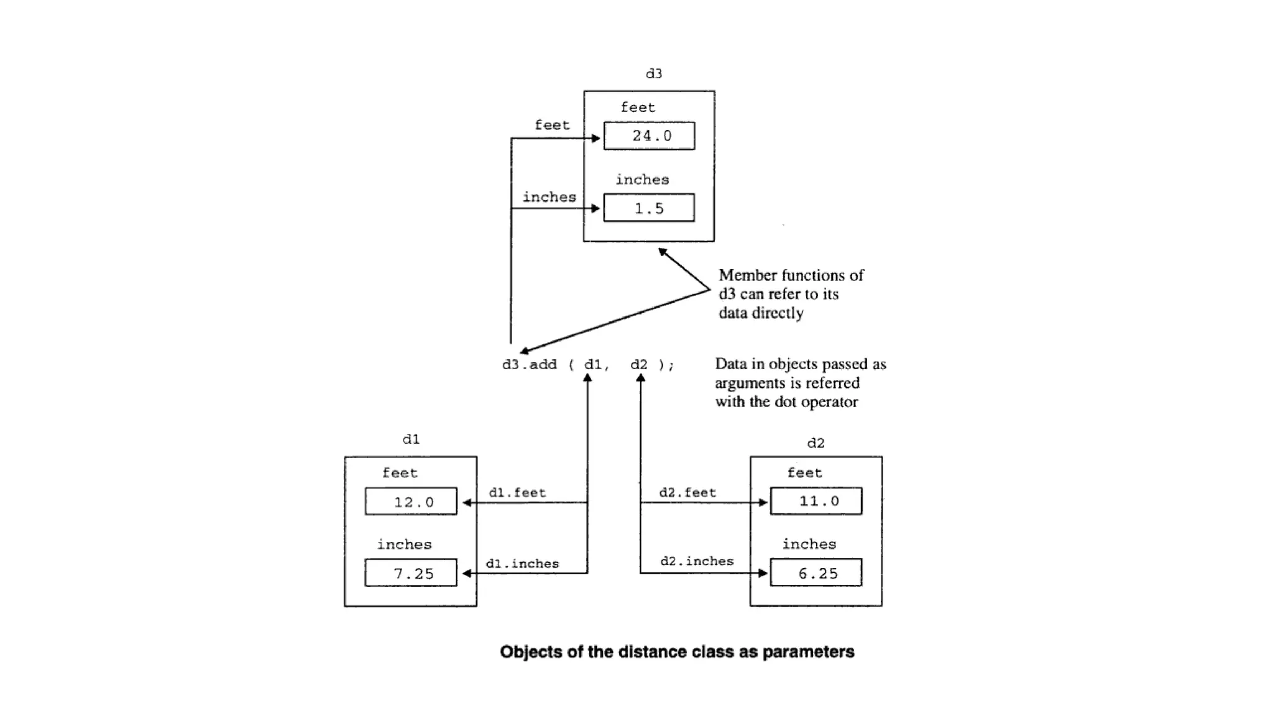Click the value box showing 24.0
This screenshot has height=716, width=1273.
[x=649, y=135]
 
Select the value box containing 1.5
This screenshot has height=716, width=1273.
[x=649, y=208]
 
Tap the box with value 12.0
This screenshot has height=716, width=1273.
[x=411, y=501]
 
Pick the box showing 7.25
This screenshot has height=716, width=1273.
[x=411, y=572]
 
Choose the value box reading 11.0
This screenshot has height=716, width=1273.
[x=816, y=501]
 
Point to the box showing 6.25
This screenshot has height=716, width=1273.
[x=816, y=572]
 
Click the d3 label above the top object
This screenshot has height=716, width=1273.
[x=654, y=74]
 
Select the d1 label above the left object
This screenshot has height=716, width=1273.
[x=411, y=439]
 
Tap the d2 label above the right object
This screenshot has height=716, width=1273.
[x=816, y=443]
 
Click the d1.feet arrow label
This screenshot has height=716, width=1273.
[x=517, y=493]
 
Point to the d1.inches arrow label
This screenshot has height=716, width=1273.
[x=522, y=564]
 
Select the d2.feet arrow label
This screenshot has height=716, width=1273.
[x=687, y=493]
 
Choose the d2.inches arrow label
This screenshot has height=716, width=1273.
[x=697, y=561]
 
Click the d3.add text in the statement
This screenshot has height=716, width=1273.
[x=530, y=365]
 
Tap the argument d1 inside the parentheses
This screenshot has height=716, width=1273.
[x=594, y=365]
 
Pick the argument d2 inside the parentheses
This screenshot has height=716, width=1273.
[x=639, y=365]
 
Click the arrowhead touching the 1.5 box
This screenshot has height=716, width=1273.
[x=597, y=208]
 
